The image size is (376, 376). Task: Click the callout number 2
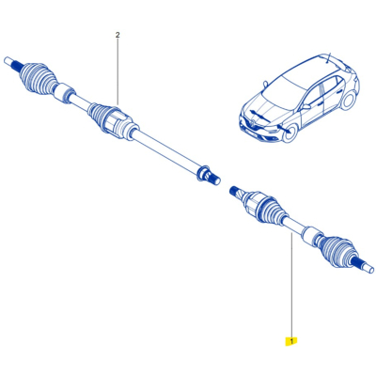[x=117, y=36]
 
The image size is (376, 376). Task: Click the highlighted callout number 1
[x=292, y=338]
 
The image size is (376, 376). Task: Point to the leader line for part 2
[x=117, y=70]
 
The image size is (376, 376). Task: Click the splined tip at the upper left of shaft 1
[x=234, y=193]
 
